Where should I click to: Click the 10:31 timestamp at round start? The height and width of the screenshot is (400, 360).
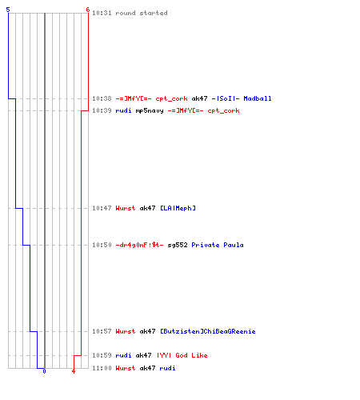(102, 13)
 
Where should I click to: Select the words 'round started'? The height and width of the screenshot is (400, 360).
(142, 13)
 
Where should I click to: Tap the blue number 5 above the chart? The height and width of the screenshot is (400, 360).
(8, 10)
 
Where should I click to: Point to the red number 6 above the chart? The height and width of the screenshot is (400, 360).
(88, 10)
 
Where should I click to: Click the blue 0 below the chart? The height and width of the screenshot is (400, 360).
(44, 371)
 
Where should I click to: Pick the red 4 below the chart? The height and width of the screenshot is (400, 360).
(74, 371)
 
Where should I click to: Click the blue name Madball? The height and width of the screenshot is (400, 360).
(258, 98)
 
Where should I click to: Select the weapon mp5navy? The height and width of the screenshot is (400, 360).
(150, 110)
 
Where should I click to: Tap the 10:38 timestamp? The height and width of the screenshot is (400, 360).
(102, 98)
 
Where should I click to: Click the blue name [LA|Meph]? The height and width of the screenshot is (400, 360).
(178, 208)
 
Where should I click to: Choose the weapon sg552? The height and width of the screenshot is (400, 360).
(178, 245)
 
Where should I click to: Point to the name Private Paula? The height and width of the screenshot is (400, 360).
(218, 245)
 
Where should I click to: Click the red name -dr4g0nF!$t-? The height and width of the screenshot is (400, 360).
(140, 245)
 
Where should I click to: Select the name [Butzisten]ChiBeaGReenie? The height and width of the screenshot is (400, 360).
(208, 331)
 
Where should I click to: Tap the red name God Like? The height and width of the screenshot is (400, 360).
(191, 355)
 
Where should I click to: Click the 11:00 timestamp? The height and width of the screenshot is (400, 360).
(102, 368)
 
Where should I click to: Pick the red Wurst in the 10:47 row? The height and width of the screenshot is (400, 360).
(126, 208)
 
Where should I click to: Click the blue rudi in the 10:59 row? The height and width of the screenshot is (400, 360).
(123, 355)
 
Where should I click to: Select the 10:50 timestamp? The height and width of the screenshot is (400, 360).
(102, 245)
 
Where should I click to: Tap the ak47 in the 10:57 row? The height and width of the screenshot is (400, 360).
(148, 331)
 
